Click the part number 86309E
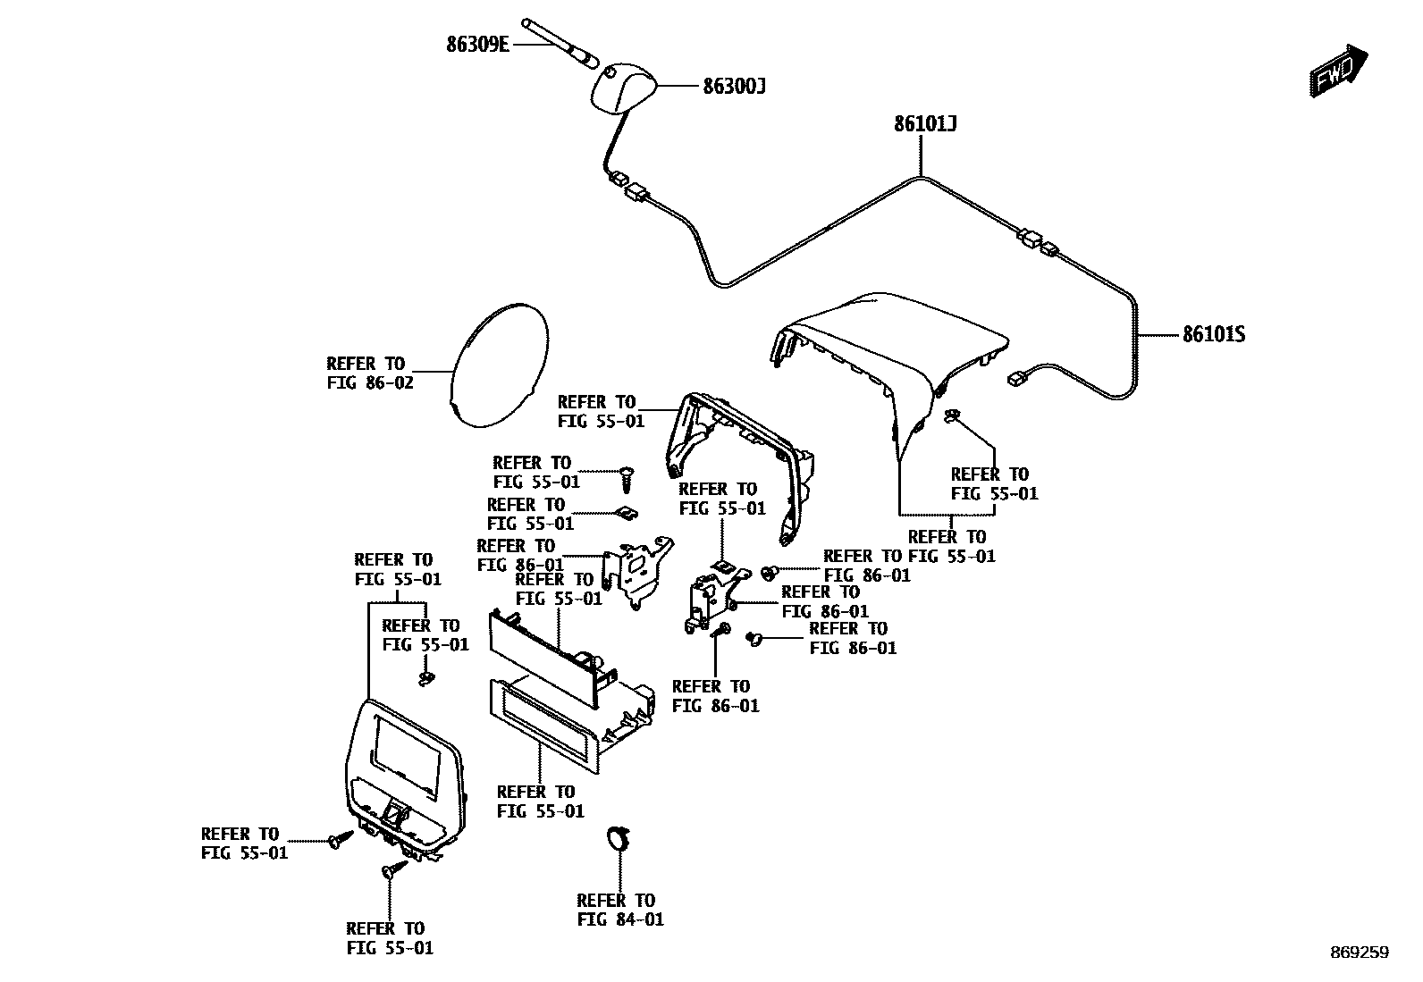coord(478,43)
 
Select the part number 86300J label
coord(734,87)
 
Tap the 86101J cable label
coord(925,124)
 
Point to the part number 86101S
coord(1213,335)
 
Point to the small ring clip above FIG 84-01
coord(618,838)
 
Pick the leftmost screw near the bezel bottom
coord(337,841)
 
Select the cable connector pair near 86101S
coord(1037,241)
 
